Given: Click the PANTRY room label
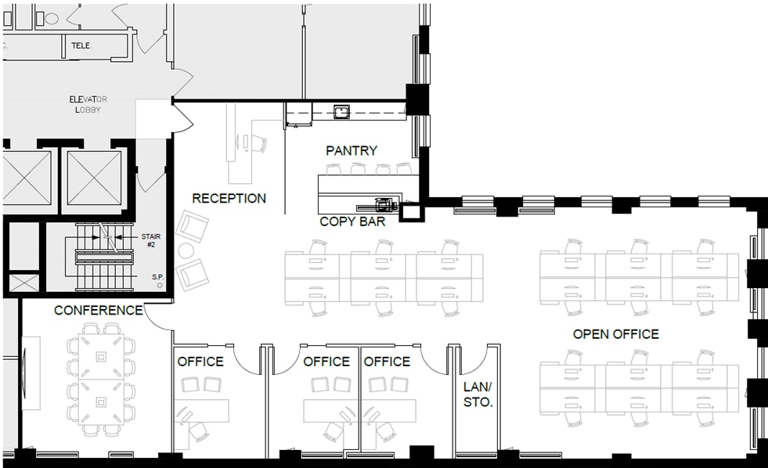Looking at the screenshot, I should click(352, 150).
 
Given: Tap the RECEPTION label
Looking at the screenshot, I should click(229, 198).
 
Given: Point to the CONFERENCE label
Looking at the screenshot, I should click(98, 310).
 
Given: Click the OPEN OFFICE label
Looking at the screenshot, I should click(615, 334).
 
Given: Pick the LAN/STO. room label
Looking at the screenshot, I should click(478, 395).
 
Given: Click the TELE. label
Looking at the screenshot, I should click(81, 45).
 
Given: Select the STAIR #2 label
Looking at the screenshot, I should click(150, 239).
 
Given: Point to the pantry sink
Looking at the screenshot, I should click(341, 111).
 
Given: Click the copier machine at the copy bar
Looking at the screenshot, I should click(383, 205).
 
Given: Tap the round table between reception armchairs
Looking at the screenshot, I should click(186, 250).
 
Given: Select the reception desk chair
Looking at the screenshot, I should click(258, 143).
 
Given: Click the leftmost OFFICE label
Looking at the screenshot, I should click(200, 362).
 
